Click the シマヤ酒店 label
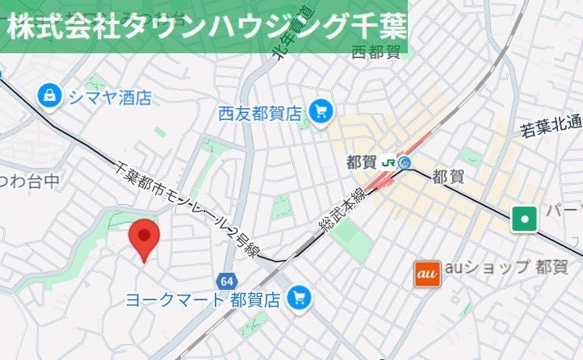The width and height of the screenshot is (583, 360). click(110, 98)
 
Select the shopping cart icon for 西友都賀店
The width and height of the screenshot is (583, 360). click(321, 111)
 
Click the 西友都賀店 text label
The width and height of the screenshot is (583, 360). click(258, 113)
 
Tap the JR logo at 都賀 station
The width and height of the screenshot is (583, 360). click(388, 162)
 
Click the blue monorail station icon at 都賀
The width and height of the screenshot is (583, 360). click(405, 162)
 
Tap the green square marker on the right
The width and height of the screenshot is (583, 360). click(525, 217)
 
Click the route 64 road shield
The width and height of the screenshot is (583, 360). click(226, 280)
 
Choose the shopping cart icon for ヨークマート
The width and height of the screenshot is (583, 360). click(300, 298)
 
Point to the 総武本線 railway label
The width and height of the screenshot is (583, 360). click(342, 207)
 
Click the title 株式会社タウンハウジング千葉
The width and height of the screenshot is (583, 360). click(207, 26)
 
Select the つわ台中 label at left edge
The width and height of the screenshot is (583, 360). click(29, 180)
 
